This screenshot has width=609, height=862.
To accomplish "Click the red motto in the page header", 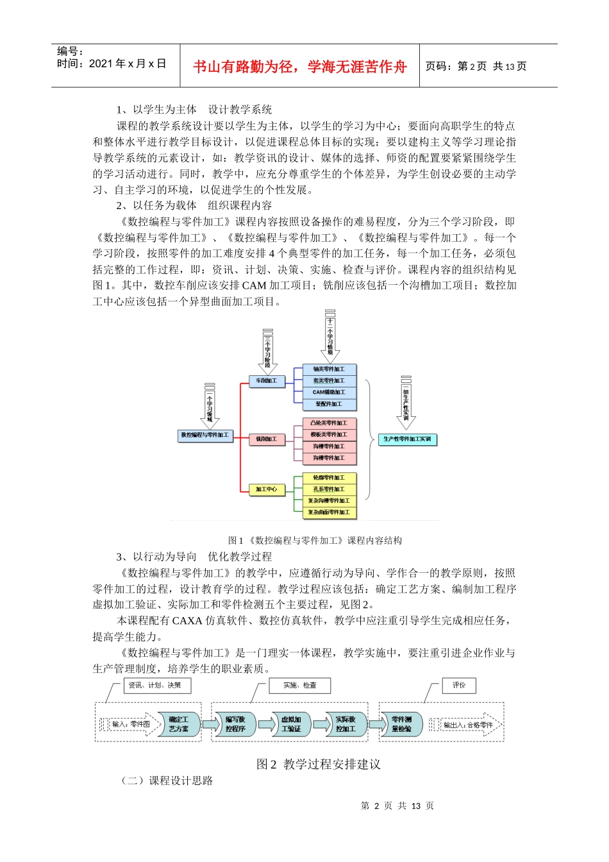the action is [299, 67].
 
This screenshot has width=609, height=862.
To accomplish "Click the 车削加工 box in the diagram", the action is [267, 381].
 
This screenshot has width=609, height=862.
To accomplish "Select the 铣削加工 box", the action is [267, 439].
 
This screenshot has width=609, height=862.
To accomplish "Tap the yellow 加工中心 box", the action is [267, 489].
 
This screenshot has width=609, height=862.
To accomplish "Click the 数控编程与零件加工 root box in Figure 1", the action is [204, 435].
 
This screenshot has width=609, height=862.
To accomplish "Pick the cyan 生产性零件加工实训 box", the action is [407, 439].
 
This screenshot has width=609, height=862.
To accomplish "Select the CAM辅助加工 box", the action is [329, 393].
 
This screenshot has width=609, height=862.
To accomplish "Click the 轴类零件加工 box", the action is [329, 369].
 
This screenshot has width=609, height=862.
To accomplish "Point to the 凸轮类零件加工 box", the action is [329, 423].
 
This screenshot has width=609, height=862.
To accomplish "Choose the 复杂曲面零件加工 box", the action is [329, 512].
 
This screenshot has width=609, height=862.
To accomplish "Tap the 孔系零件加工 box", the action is [329, 489].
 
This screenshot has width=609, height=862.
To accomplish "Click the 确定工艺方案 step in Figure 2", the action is [179, 724].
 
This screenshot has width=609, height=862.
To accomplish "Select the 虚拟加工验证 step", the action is [291, 724].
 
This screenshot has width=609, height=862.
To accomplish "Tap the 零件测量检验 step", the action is [402, 724].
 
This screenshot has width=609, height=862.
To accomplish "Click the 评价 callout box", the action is [459, 686].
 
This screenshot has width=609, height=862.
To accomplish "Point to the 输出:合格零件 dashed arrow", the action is [467, 725].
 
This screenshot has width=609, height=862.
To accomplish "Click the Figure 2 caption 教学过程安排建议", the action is [319, 764].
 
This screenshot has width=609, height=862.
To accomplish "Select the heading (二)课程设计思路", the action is [167, 781].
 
